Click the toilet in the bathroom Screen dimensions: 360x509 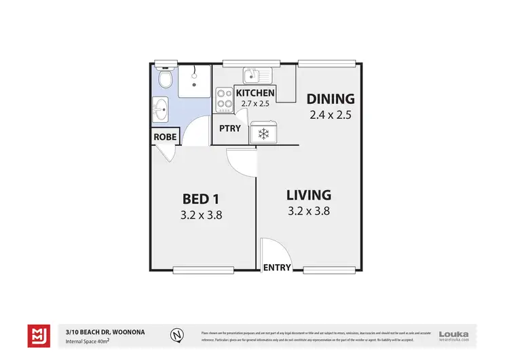click(x=163, y=75)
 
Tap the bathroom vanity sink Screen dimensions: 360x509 click(x=160, y=109)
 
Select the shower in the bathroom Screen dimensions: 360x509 click(x=194, y=81)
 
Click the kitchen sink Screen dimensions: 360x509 click(x=257, y=74)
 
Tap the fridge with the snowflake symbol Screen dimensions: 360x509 click(x=263, y=134)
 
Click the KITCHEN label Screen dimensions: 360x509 click(x=255, y=92)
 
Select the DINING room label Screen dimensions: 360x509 click(x=330, y=98)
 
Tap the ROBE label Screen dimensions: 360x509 click(x=166, y=136)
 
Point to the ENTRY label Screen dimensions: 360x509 click(x=277, y=267)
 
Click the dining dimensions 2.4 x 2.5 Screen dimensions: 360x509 click(x=330, y=115)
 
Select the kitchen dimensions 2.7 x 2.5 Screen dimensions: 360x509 click(x=255, y=104)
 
